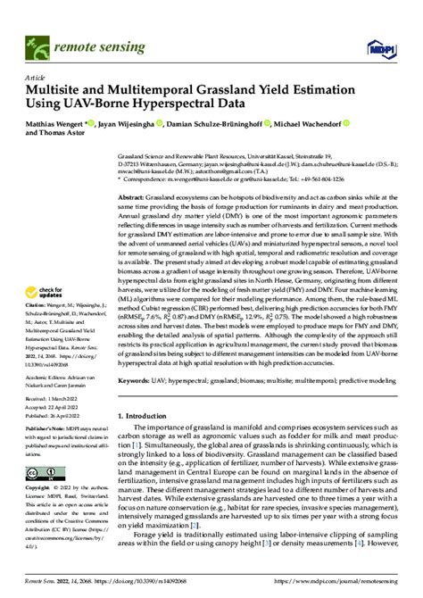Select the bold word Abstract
click(131, 195)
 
